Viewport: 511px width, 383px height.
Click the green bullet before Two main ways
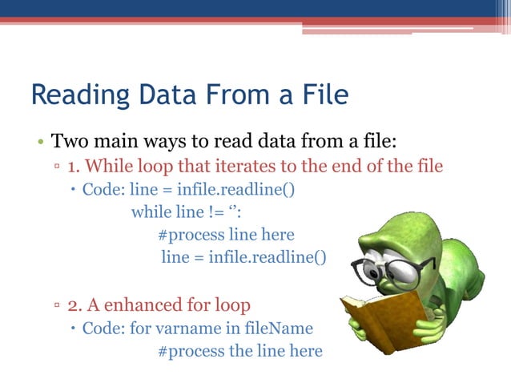tap(38, 144)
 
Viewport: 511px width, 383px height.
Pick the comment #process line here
tap(226, 235)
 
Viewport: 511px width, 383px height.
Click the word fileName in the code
tap(277, 329)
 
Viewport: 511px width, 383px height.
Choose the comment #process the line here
tap(239, 351)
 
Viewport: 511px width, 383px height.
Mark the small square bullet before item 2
tap(58, 306)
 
